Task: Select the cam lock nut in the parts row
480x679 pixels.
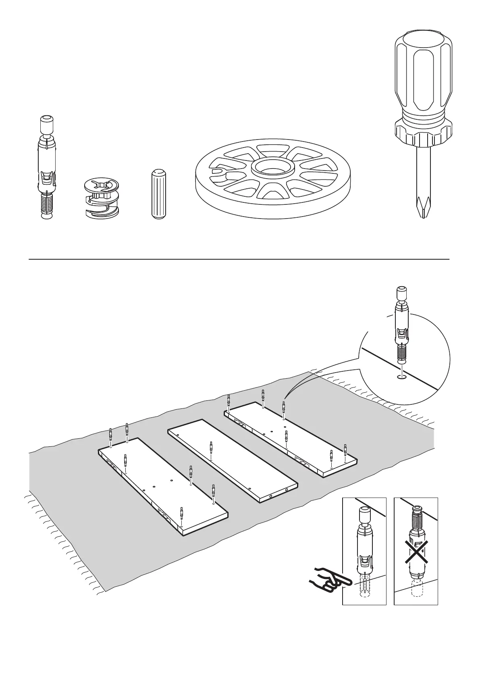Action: [102, 198]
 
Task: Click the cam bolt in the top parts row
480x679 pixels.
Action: [47, 168]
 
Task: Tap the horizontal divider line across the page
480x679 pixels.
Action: [239, 259]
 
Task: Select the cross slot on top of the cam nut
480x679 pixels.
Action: [102, 186]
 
